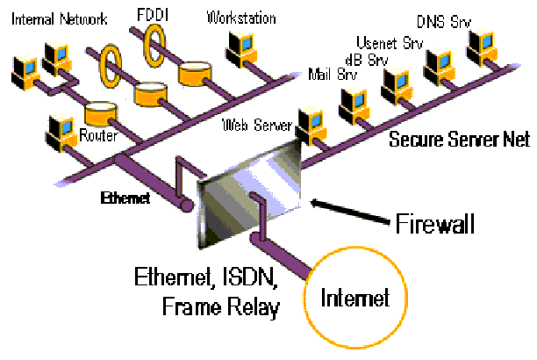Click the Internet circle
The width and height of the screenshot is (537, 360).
354,298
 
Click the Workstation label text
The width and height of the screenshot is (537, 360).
240,17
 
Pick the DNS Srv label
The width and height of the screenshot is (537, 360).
466,18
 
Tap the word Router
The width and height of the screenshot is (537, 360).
98,136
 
